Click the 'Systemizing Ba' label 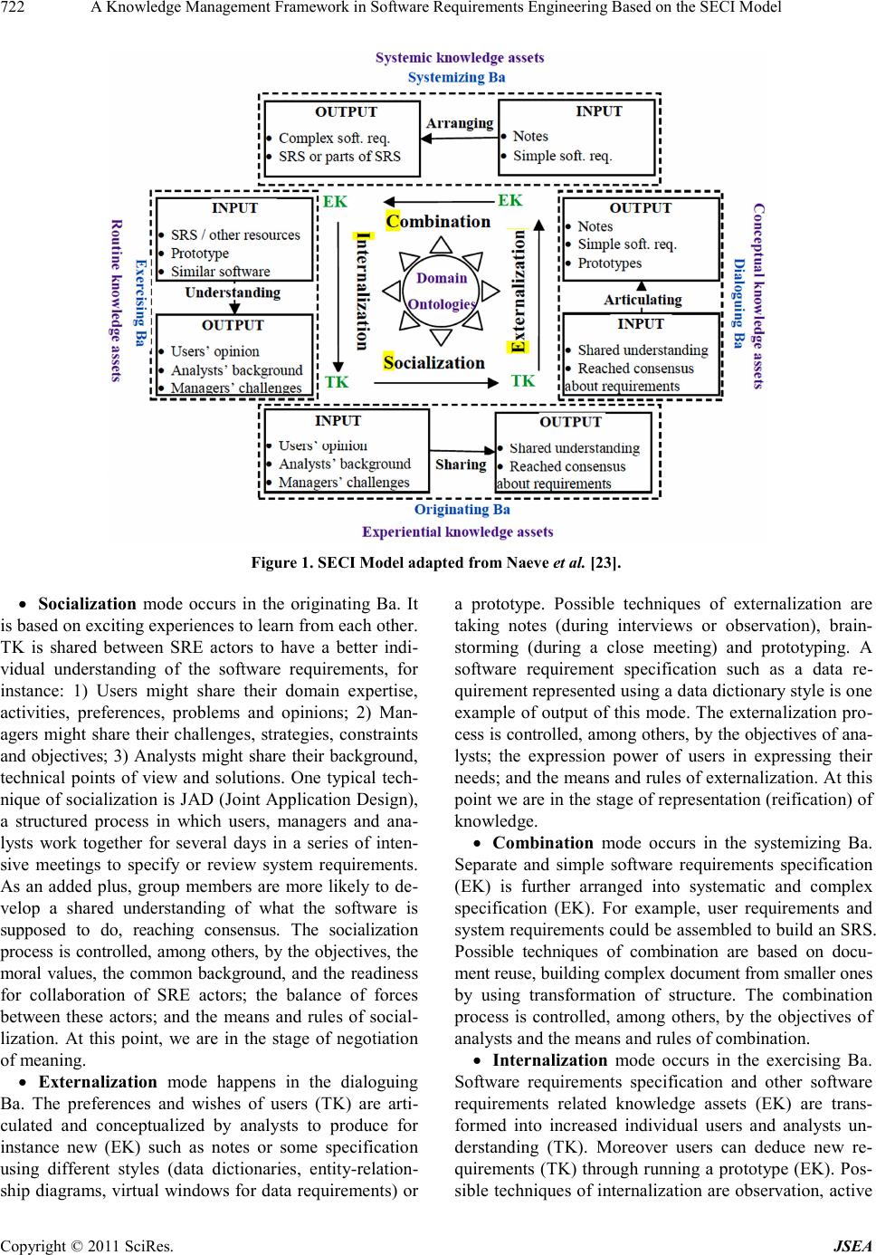click(456, 77)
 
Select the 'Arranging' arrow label click(460, 123)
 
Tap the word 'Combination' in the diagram click(438, 221)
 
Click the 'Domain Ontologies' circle click(442, 291)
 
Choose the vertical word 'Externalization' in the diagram click(519, 290)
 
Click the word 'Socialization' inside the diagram click(433, 362)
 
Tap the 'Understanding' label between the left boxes click(233, 292)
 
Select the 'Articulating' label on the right click(642, 300)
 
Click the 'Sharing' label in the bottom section click(461, 465)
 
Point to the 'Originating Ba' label click(462, 509)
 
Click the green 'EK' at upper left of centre click(335, 202)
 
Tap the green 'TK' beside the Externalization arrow click(523, 381)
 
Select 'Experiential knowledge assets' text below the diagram click(457, 532)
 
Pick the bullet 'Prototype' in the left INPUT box click(199, 254)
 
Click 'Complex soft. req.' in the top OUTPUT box click(334, 139)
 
